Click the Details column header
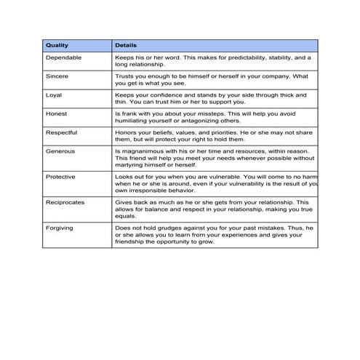coord(127,45)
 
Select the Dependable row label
coord(63,57)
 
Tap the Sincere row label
coord(57,76)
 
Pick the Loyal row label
coord(55,95)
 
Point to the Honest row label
coord(56,113)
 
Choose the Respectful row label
coord(61,132)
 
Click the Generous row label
coord(60,151)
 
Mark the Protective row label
coord(60,176)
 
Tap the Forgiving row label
coord(60,227)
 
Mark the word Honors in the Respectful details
coord(126,132)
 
